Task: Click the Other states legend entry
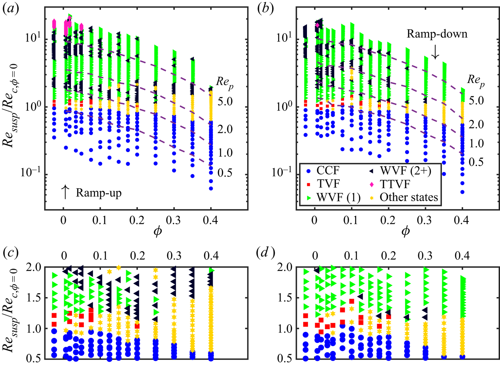coord(409,197)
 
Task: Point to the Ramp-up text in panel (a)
coord(98,193)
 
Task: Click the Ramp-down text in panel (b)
coord(437,34)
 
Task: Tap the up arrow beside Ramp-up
coord(65,192)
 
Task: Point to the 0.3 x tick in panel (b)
coord(425,220)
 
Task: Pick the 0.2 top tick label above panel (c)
coord(137,256)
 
